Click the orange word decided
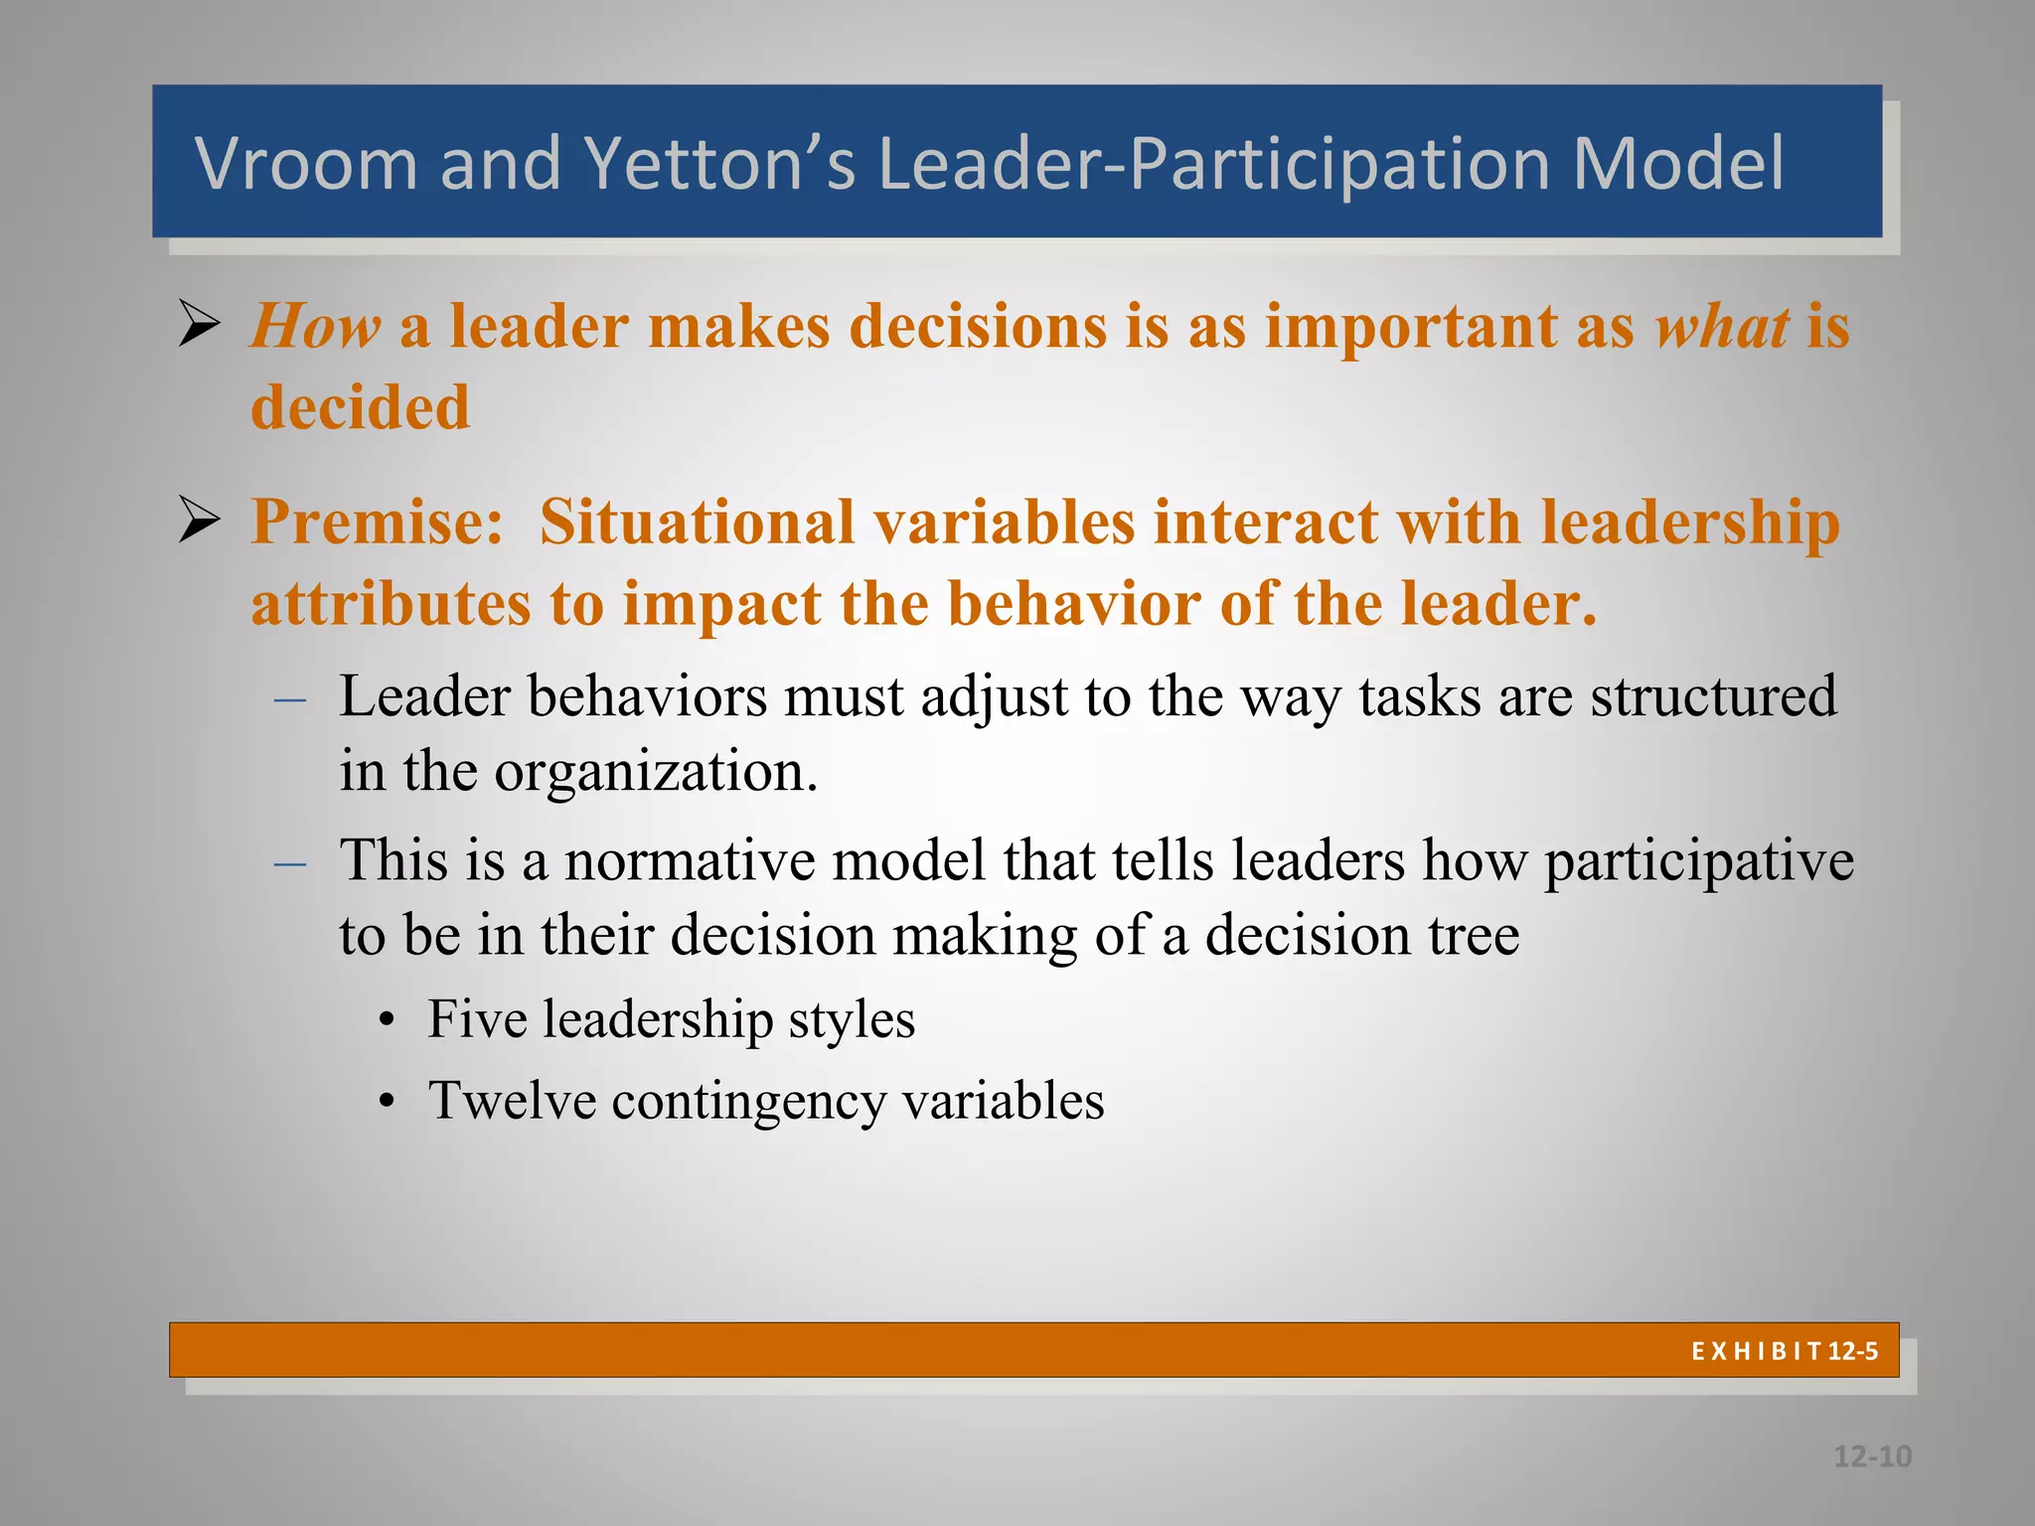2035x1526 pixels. point(360,407)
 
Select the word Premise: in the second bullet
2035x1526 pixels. point(378,522)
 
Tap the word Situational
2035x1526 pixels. point(697,522)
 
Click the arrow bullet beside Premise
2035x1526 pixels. point(200,520)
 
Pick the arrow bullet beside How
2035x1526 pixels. point(200,324)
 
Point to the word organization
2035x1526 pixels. point(656,771)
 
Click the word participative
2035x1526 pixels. point(1698,861)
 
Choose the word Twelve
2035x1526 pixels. point(511,1101)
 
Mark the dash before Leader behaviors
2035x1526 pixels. point(290,699)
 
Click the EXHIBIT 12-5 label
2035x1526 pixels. point(1784,1351)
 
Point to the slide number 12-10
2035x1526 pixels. point(1872,1456)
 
